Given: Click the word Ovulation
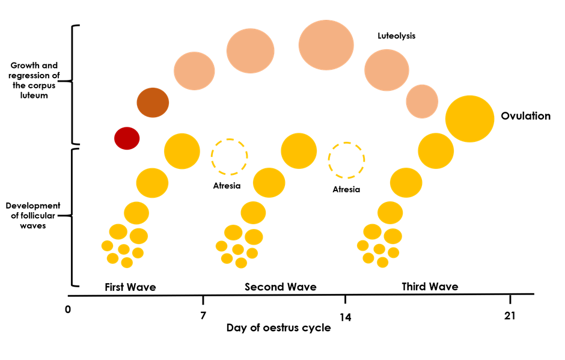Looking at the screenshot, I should (x=526, y=116).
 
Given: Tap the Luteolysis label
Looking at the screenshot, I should (x=397, y=36).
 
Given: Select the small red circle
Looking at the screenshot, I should (x=127, y=139).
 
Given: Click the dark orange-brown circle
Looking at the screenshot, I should (x=153, y=102).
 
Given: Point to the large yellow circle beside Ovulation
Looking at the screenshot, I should (x=470, y=118).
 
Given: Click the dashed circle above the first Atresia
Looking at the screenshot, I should (x=229, y=156).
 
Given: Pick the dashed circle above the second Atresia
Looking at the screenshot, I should (x=346, y=160).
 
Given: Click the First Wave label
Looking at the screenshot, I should (x=130, y=287).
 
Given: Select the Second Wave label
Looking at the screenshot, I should (x=280, y=287).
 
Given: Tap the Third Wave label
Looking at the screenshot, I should (x=430, y=287).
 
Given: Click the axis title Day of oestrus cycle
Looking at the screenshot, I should (x=278, y=329).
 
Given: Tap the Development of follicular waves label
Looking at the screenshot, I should (x=34, y=215).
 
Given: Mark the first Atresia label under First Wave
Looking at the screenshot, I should (x=227, y=186).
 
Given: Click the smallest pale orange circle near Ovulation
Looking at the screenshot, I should (x=422, y=101).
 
